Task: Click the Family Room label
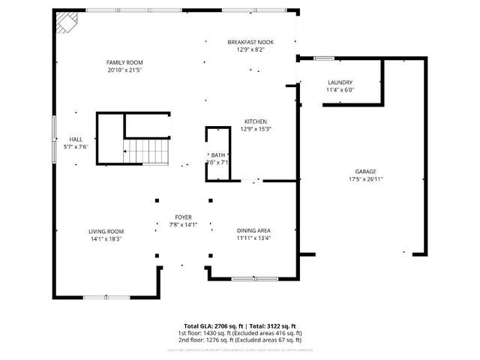pos(124,62)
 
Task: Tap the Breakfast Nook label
pos(250,42)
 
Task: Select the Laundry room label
pos(340,82)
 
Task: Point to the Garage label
pos(366,171)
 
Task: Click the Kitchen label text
pos(255,121)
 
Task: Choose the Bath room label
pos(218,155)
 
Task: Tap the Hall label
pos(76,139)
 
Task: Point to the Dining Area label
pos(254,230)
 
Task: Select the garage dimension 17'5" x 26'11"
pos(366,179)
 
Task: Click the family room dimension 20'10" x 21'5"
pos(124,70)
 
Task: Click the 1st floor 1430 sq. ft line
pos(240,333)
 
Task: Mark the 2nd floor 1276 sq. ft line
pos(240,340)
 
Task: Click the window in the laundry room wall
pos(324,58)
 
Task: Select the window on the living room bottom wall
pos(99,297)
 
